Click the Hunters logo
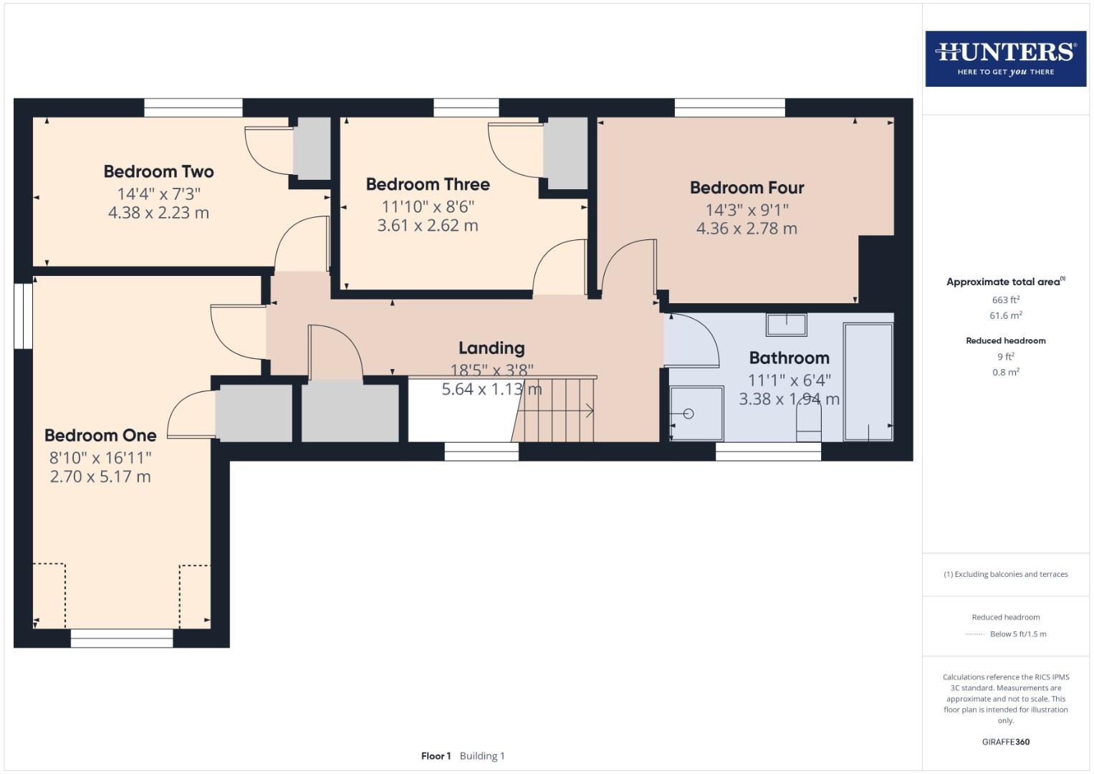tap(1005, 59)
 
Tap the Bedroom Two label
tap(158, 172)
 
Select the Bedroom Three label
tap(428, 185)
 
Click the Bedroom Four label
tap(747, 188)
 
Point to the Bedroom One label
tap(100, 436)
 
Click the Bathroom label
tap(789, 358)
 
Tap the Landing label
tap(491, 348)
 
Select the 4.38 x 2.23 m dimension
tap(158, 213)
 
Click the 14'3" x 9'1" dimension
tap(747, 210)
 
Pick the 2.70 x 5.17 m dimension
tap(100, 477)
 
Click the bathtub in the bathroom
tap(868, 381)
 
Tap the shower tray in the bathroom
tap(696, 414)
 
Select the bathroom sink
tap(786, 325)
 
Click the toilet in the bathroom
tap(809, 426)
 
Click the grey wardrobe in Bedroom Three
tap(565, 153)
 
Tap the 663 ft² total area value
tap(1005, 300)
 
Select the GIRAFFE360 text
tap(1005, 742)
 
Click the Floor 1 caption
tap(436, 756)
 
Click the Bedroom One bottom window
tap(122, 638)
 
